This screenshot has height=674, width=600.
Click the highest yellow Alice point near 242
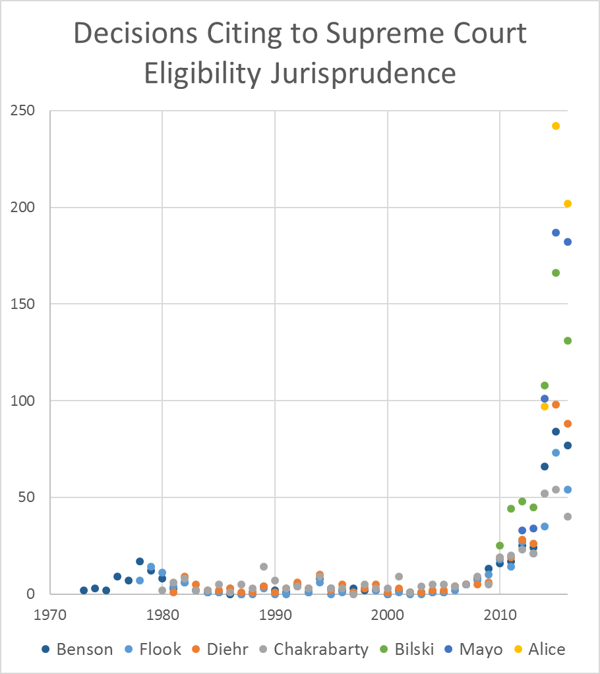coord(556,126)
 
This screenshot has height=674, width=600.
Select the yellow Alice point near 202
coord(567,204)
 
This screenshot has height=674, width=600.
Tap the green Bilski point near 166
coord(556,273)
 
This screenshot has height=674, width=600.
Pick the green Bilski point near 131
coord(567,341)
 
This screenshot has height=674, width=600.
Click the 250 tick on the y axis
coord(24,111)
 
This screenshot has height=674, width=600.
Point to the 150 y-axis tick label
coord(24,304)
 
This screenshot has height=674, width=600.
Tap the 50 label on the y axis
coord(28,497)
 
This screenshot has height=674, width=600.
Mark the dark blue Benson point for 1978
coord(140,561)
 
